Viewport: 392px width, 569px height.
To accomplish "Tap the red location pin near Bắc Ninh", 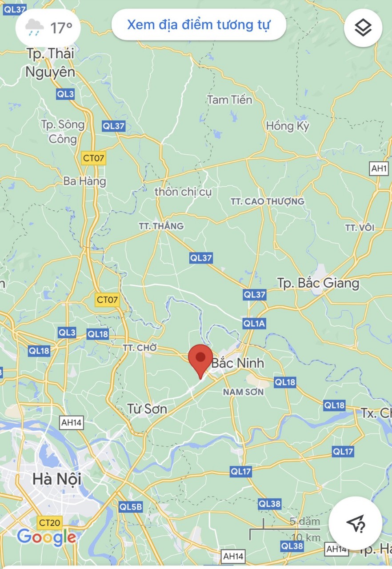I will [200, 358].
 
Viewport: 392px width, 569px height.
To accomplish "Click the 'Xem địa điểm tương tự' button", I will [198, 25].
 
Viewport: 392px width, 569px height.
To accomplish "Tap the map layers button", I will [363, 28].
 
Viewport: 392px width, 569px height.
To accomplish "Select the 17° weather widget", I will [48, 28].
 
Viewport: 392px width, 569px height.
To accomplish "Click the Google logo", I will [47, 537].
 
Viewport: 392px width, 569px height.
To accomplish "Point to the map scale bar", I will [284, 529].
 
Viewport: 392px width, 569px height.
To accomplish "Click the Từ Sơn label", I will [147, 409].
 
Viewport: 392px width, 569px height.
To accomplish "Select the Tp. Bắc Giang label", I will [318, 283].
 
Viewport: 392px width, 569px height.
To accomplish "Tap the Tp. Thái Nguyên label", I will [50, 63].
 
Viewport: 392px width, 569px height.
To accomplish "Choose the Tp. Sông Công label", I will [63, 132].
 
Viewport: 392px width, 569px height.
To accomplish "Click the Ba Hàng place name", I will [85, 181].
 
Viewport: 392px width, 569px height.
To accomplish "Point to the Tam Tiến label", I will [229, 100].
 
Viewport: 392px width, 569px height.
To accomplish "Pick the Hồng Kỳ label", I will [288, 126].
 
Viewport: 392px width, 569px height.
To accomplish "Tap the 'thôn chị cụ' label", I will [183, 192].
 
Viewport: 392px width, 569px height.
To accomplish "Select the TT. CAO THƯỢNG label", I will [267, 201].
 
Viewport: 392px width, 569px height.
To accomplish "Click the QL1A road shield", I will [254, 324].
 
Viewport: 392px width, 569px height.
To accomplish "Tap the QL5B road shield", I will [131, 506].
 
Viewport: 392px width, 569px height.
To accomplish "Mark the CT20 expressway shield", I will [49, 522].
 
